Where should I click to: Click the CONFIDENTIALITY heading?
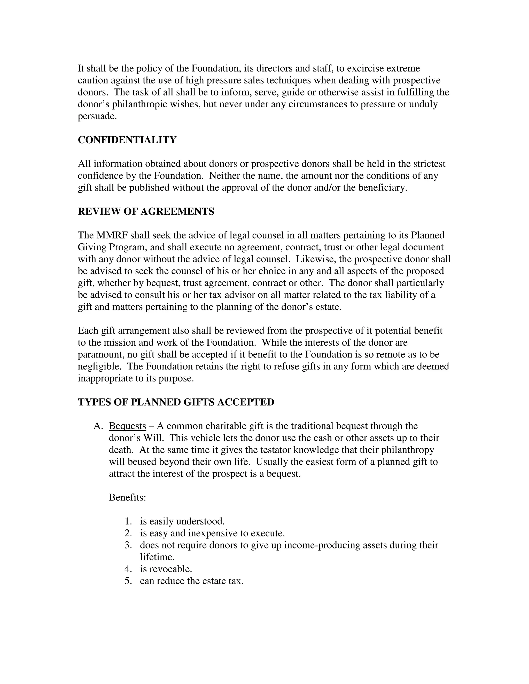pyautogui.click(x=127, y=140)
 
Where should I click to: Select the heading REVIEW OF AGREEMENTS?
pyautogui.click(x=146, y=211)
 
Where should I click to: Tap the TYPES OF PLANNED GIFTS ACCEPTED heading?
pyautogui.click(x=176, y=402)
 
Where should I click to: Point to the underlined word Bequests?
pyautogui.click(x=127, y=426)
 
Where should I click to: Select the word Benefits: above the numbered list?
pyautogui.click(x=127, y=498)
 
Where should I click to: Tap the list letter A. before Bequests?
pyautogui.click(x=98, y=426)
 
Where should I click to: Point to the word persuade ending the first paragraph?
pyautogui.click(x=97, y=116)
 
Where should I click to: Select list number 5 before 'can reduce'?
pyautogui.click(x=128, y=581)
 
